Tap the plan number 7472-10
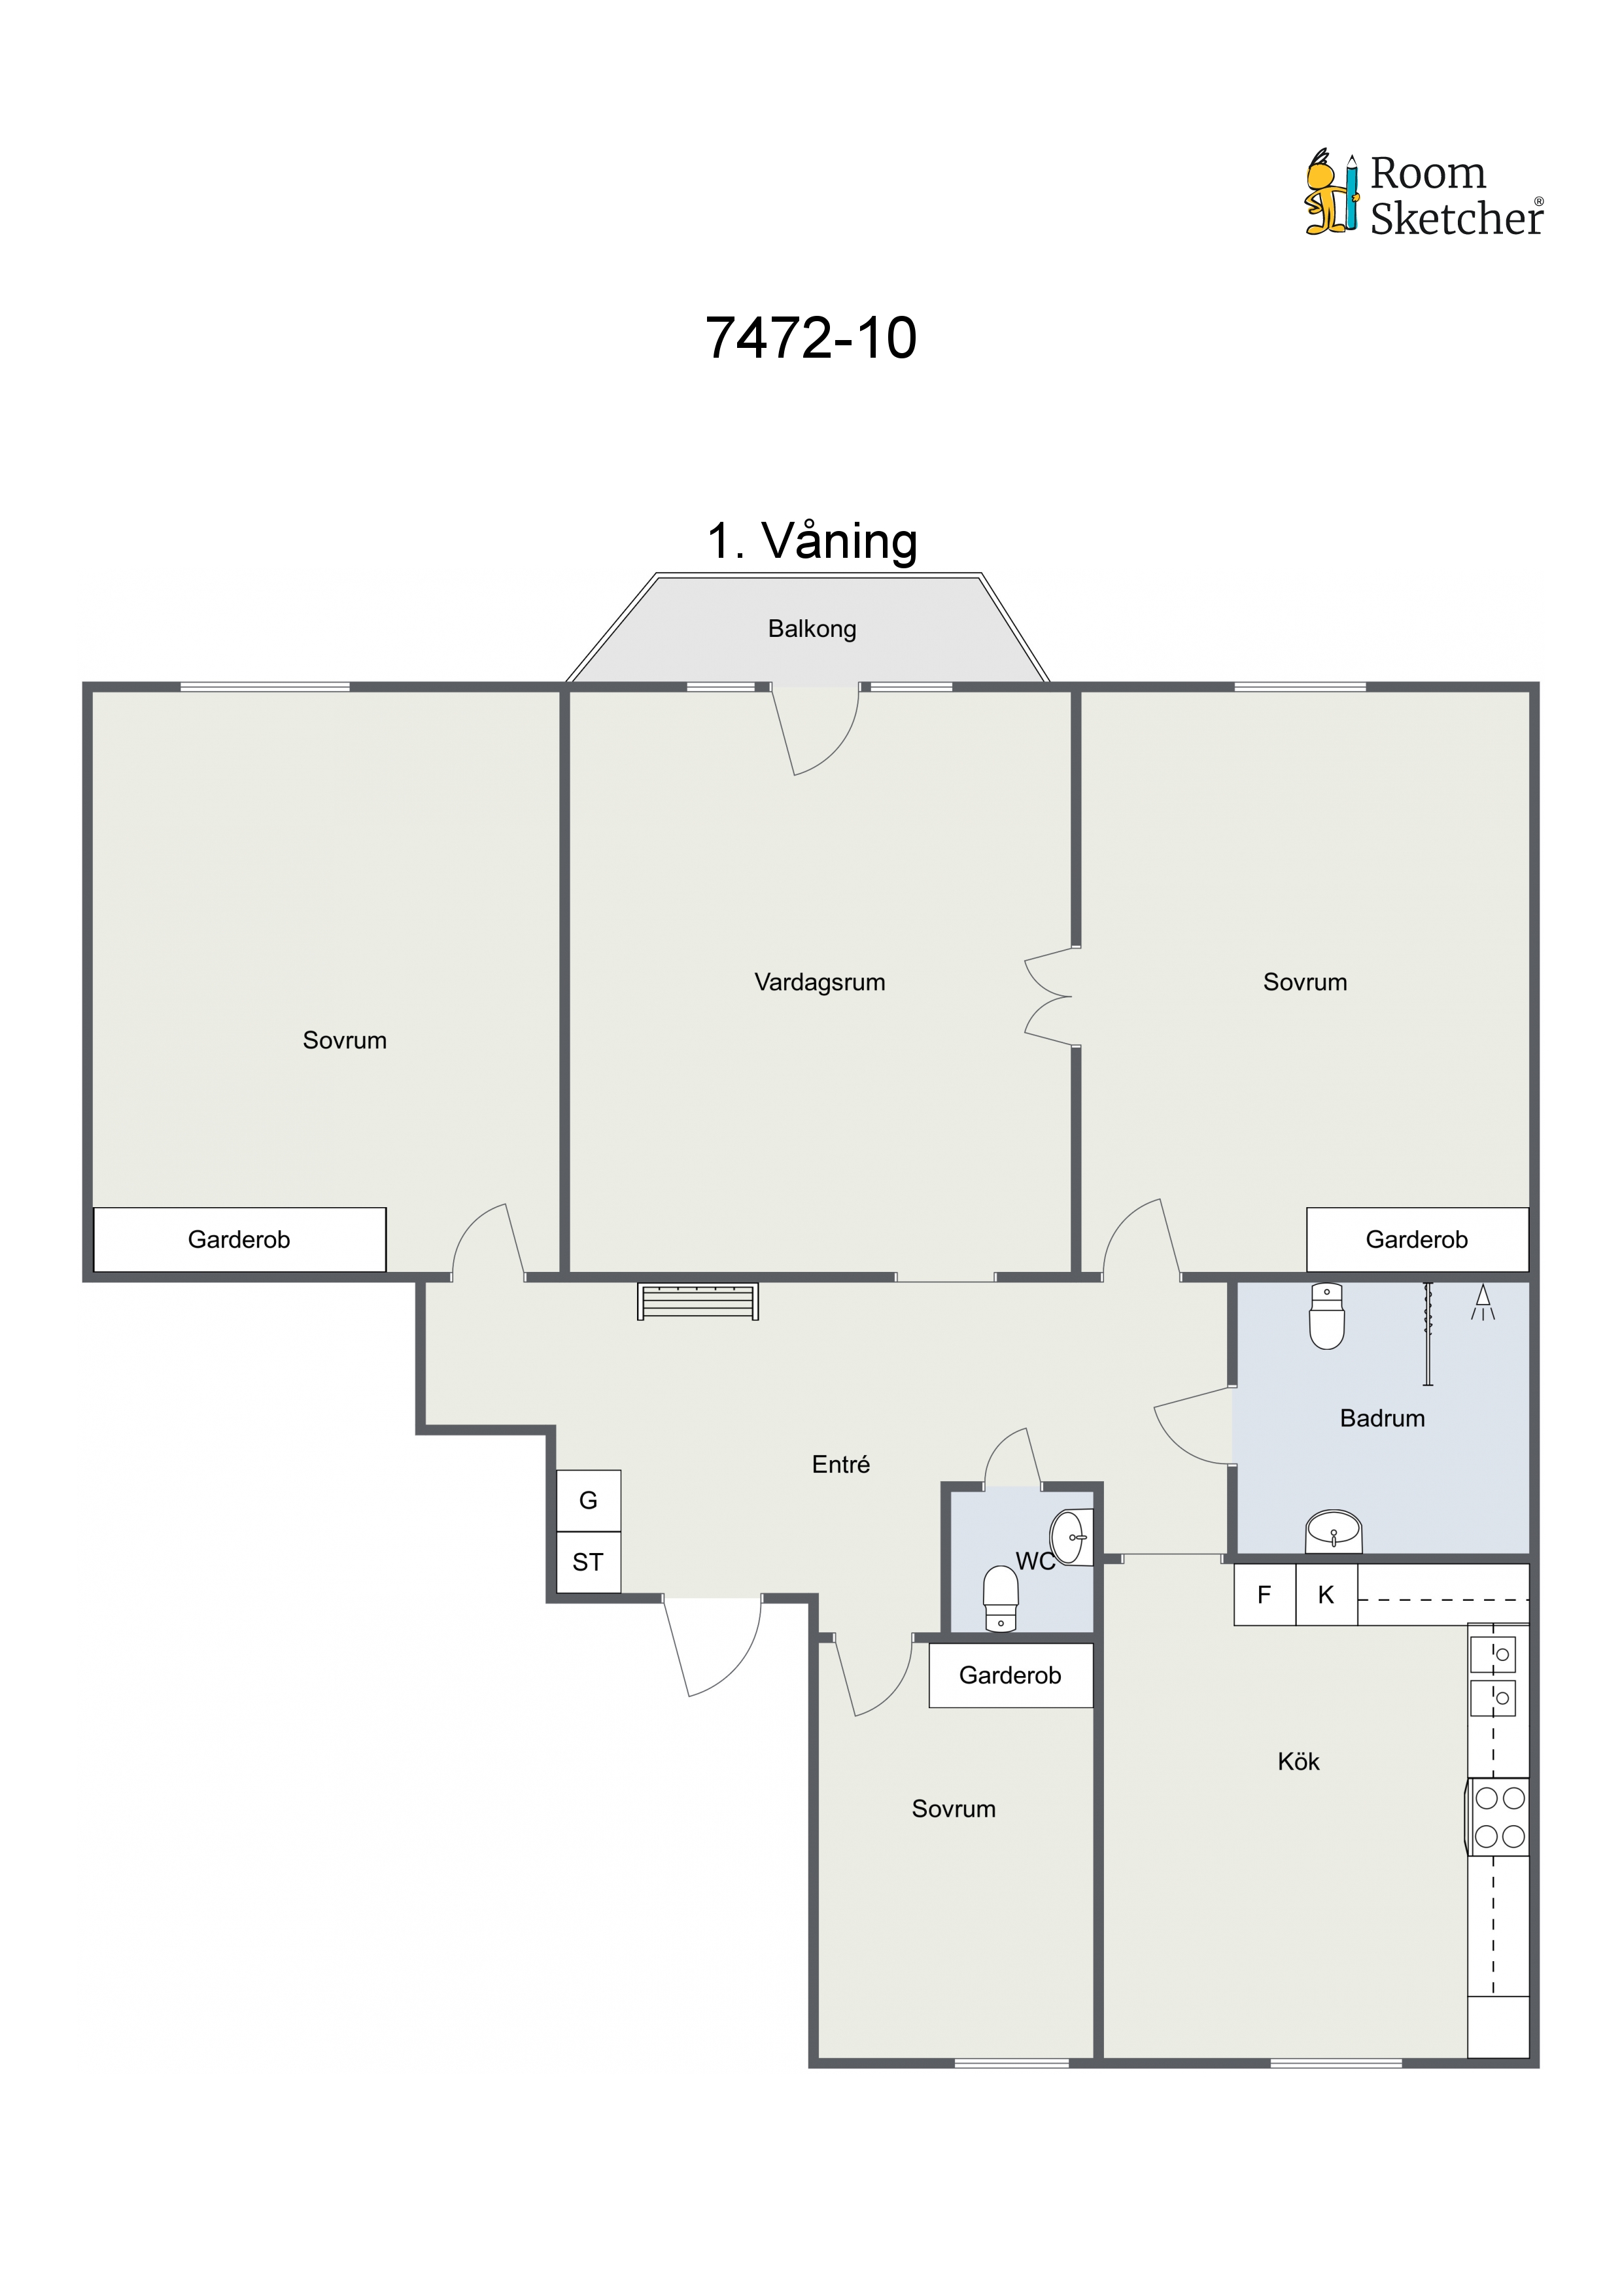[x=810, y=337]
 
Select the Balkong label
[x=812, y=628]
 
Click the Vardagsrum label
[x=820, y=982]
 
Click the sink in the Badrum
[x=1333, y=1531]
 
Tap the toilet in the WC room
[x=1001, y=1599]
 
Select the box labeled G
[x=589, y=1501]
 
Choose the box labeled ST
[x=589, y=1563]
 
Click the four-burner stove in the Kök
[x=1499, y=1817]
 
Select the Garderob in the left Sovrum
[x=240, y=1240]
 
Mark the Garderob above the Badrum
[x=1417, y=1240]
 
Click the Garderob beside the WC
[x=1010, y=1675]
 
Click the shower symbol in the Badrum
[x=1483, y=1302]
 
